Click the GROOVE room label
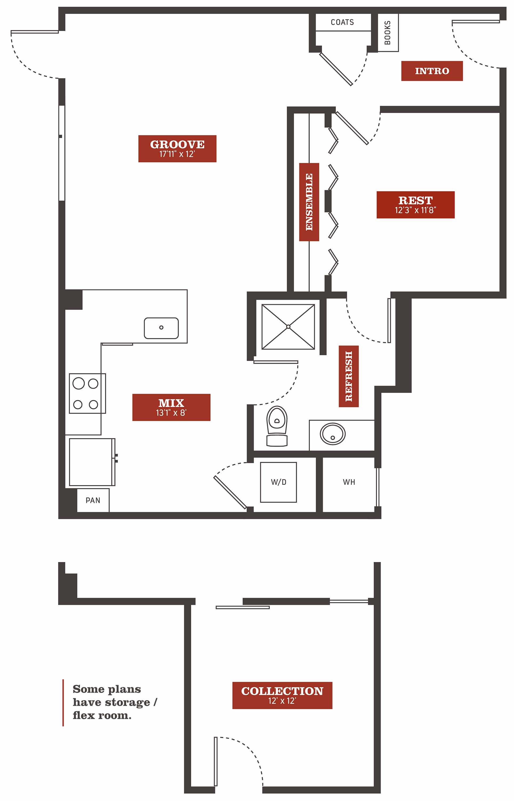click(x=177, y=149)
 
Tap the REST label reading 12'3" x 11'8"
click(x=416, y=205)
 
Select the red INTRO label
click(x=432, y=71)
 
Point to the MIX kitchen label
click(x=171, y=407)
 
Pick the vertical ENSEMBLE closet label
click(x=309, y=202)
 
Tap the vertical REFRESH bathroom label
click(x=349, y=376)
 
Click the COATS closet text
click(x=342, y=22)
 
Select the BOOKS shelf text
click(x=388, y=33)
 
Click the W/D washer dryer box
click(x=278, y=482)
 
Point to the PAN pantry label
click(x=93, y=500)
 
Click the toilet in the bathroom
click(x=277, y=426)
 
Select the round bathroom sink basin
click(x=332, y=434)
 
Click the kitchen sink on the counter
click(x=161, y=328)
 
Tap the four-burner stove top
click(x=87, y=393)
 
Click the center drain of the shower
click(x=288, y=327)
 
